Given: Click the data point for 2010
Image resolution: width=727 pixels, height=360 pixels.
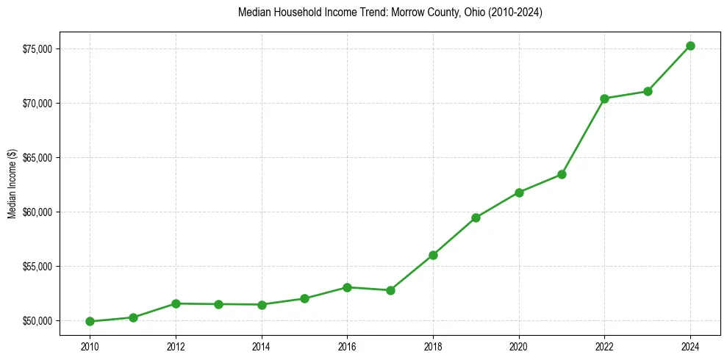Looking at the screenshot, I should tap(90, 321).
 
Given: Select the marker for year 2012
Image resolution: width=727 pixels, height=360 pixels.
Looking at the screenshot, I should tap(176, 303).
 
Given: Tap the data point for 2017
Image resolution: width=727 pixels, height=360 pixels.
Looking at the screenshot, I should tap(390, 290).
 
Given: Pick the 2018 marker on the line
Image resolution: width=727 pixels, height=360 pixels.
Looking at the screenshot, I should tap(433, 255).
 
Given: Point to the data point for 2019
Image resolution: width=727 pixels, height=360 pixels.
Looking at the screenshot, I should tap(476, 217).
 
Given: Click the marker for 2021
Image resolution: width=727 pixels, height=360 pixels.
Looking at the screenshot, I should tap(562, 174).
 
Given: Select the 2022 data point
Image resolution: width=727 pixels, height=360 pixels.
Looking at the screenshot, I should tap(604, 98).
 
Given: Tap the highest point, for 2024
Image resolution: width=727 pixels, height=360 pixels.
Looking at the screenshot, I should tap(690, 46).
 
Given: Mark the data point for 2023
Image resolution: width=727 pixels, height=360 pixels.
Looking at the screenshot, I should tap(648, 91).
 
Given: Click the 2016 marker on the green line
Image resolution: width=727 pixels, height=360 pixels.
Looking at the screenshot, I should tap(347, 287).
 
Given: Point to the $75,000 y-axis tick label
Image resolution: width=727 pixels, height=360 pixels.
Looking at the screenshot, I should tap(38, 48).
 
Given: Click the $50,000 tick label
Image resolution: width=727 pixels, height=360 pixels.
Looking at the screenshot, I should tap(38, 321).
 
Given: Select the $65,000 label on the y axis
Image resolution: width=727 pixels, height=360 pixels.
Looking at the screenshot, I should tap(38, 158).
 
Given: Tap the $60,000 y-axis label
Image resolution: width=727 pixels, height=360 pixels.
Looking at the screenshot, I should tap(38, 212).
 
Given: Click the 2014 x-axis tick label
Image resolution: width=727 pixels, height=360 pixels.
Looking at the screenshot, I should tap(262, 346).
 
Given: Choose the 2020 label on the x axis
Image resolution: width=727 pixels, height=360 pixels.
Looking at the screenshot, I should tap(519, 346).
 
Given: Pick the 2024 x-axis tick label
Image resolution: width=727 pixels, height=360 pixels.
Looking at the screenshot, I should tap(690, 346).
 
